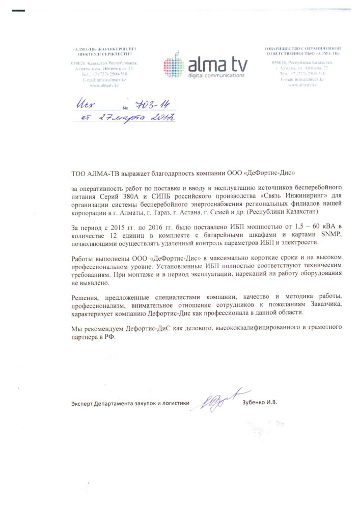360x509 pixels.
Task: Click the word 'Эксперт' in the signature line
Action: [x=82, y=403]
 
